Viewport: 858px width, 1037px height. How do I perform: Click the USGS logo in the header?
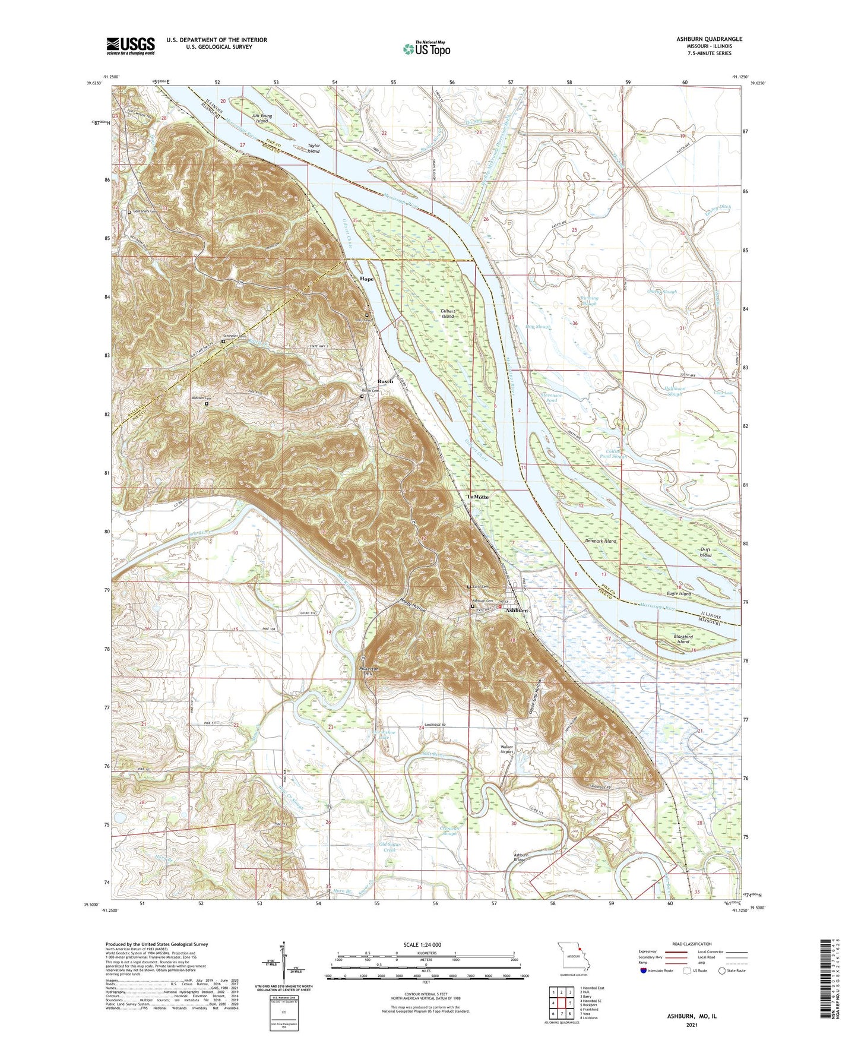(x=130, y=46)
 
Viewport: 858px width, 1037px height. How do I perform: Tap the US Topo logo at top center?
(x=426, y=49)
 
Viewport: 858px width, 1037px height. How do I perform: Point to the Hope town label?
(x=366, y=279)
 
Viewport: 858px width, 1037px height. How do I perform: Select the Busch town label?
(x=385, y=381)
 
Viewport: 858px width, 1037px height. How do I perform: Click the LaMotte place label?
(x=478, y=497)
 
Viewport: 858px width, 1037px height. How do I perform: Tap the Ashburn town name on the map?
(x=517, y=611)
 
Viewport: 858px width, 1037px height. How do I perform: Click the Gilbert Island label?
(x=448, y=314)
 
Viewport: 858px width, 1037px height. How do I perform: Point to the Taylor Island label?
(x=314, y=148)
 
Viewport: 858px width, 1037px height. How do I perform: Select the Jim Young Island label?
(x=262, y=118)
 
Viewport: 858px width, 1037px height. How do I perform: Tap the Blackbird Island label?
(x=683, y=640)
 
